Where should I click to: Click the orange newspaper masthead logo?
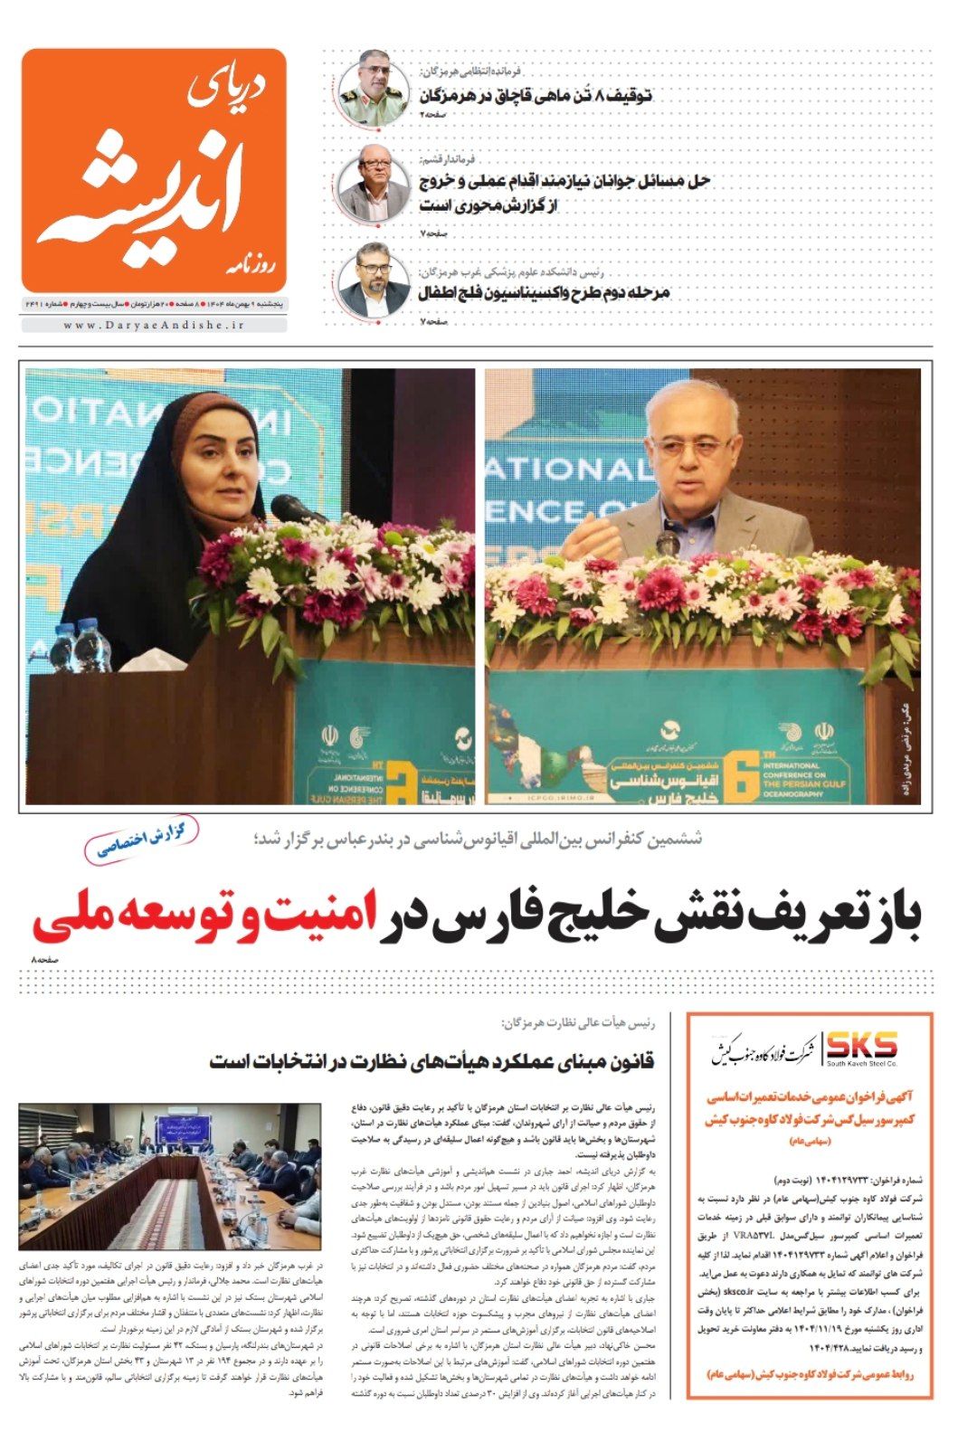pyautogui.click(x=154, y=169)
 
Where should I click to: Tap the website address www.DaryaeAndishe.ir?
pyautogui.click(x=155, y=325)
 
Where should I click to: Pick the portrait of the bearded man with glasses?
pyautogui.click(x=374, y=280)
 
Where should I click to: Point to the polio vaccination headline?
pyautogui.click(x=544, y=293)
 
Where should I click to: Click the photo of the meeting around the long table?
pyautogui.click(x=169, y=1175)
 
